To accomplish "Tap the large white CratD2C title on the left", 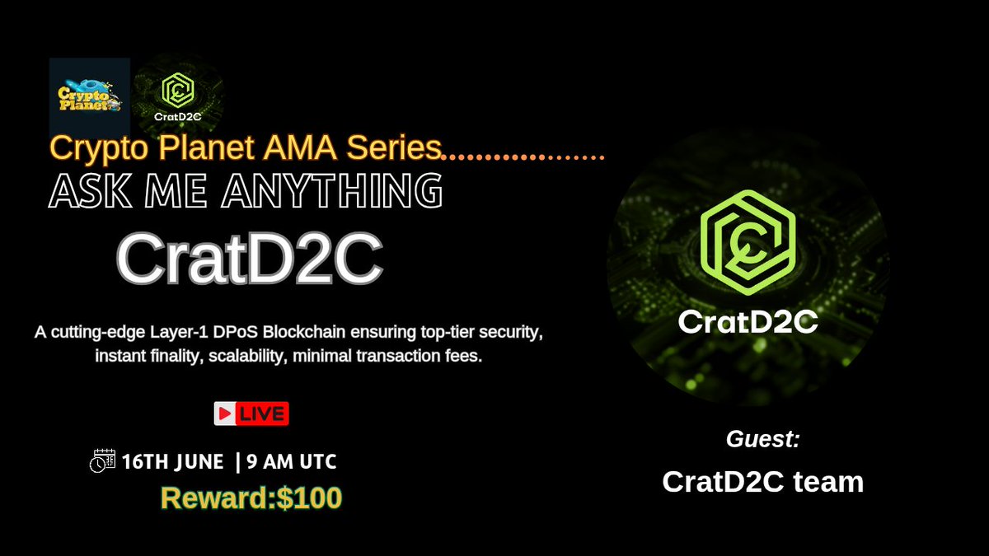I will click(248, 259).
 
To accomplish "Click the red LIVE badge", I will click(263, 413).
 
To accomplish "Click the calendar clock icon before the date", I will click(102, 461).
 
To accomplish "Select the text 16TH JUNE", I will click(172, 462).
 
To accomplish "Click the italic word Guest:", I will click(762, 439).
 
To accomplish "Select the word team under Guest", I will click(827, 482).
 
